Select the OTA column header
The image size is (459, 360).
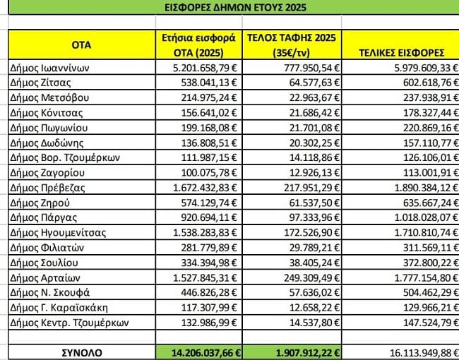(x=81, y=44)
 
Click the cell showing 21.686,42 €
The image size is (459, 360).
(x=301, y=112)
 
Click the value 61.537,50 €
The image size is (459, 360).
(x=301, y=202)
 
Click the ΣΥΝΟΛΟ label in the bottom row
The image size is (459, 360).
(x=81, y=352)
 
